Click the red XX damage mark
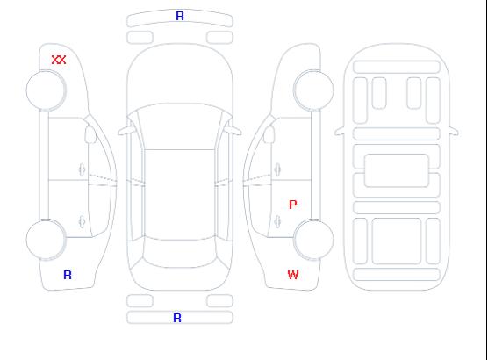59,60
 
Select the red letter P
292,205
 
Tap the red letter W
293,275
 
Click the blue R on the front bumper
180,16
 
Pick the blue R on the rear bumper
177,318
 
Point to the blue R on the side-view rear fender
68,275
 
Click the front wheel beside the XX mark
46,90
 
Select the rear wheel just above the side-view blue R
46,240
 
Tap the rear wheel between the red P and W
313,240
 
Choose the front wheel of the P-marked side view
313,90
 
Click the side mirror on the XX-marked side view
90,134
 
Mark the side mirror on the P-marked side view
269,134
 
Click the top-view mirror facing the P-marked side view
233,130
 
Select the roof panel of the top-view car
180,195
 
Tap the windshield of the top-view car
180,126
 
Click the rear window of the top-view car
180,252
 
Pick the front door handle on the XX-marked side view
82,169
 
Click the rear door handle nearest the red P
277,221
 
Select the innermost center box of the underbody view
397,170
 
